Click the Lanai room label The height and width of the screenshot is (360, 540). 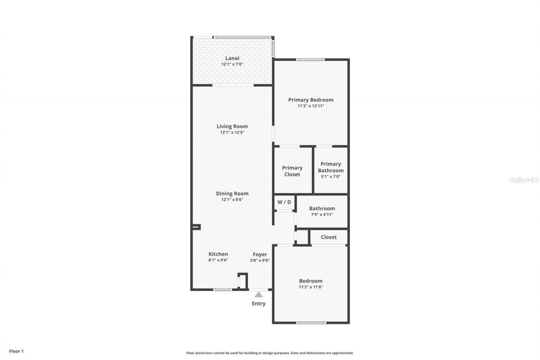pos(232,58)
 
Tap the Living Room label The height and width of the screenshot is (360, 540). pos(232,126)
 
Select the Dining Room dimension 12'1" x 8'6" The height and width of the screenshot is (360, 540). pos(232,200)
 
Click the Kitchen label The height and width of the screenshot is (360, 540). pos(218,254)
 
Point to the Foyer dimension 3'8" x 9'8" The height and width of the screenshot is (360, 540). pos(259,260)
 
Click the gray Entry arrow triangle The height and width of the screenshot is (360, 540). pos(259,295)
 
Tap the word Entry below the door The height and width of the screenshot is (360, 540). pos(259,303)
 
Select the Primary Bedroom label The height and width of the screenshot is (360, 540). pos(310,100)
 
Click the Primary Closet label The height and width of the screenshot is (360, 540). pos(292,171)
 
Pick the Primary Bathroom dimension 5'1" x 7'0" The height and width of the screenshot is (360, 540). pos(330,176)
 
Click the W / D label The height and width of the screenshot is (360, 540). pos(284,202)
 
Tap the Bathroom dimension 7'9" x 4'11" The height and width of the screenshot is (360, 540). pos(322,214)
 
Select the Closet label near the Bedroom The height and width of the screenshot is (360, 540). pos(328,237)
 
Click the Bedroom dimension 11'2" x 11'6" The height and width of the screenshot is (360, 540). pos(310,287)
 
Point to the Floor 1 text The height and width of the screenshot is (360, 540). pos(16,351)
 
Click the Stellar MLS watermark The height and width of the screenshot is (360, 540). pos(524,180)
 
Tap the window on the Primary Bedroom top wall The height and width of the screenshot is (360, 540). pos(310,60)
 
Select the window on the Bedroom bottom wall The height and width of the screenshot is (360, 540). pos(311,323)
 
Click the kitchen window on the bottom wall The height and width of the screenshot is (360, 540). pos(222,290)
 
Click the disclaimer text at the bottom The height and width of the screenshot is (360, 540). pos(270,353)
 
